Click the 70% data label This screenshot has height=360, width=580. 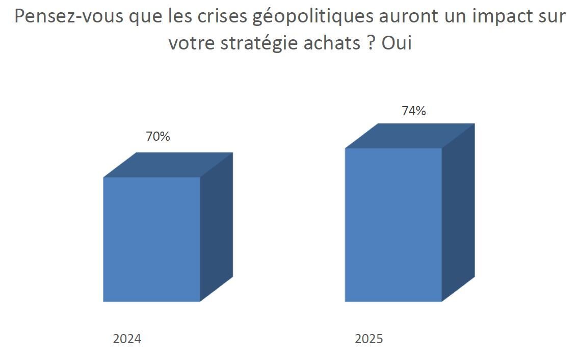[158, 137]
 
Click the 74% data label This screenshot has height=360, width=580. [414, 111]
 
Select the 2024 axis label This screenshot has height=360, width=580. [127, 339]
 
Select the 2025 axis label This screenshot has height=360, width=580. [369, 339]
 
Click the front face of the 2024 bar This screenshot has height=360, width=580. [151, 239]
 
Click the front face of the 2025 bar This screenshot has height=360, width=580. [393, 224]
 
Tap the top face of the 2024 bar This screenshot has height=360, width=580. [168, 165]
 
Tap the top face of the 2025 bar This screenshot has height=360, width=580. [410, 136]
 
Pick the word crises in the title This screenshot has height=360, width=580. [223, 17]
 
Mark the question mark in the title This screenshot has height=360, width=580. [371, 43]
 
